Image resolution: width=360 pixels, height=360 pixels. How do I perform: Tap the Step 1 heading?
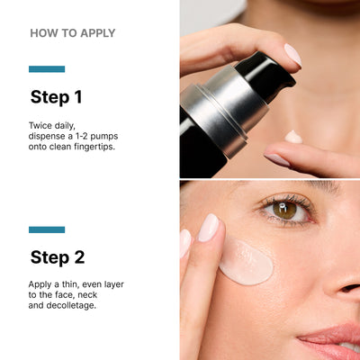[57, 97]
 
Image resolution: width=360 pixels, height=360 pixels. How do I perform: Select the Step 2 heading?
[58, 257]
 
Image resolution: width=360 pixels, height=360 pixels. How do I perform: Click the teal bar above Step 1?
[47, 69]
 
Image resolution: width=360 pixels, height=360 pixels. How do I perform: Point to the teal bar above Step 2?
[47, 229]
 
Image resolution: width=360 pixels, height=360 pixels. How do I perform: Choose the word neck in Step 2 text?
[104, 294]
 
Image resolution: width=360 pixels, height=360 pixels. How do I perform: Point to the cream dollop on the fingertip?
[293, 137]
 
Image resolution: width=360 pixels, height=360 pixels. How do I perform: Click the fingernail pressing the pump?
[292, 54]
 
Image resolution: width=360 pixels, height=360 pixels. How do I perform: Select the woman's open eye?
[285, 210]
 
